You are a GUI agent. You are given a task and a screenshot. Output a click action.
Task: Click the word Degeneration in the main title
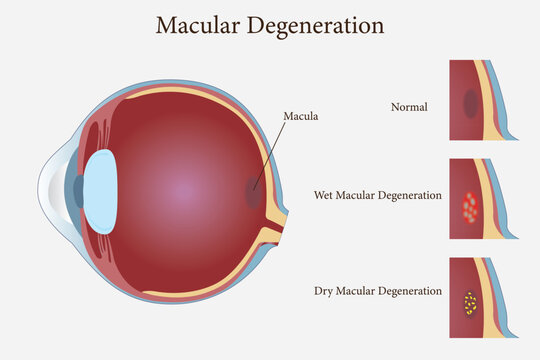(x=318, y=24)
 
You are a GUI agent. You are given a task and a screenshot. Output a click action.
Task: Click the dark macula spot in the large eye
(x=253, y=193)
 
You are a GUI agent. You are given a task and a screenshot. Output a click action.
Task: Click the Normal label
(x=409, y=105)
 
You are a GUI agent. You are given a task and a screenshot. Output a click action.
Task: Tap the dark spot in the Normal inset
(x=470, y=103)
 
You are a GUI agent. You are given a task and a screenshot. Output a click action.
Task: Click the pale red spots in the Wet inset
(x=469, y=207)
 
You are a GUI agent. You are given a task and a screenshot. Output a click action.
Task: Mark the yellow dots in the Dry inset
(x=469, y=302)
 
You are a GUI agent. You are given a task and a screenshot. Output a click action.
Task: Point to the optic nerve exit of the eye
(x=274, y=238)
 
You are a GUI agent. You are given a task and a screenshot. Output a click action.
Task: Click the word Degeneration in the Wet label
(x=408, y=195)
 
